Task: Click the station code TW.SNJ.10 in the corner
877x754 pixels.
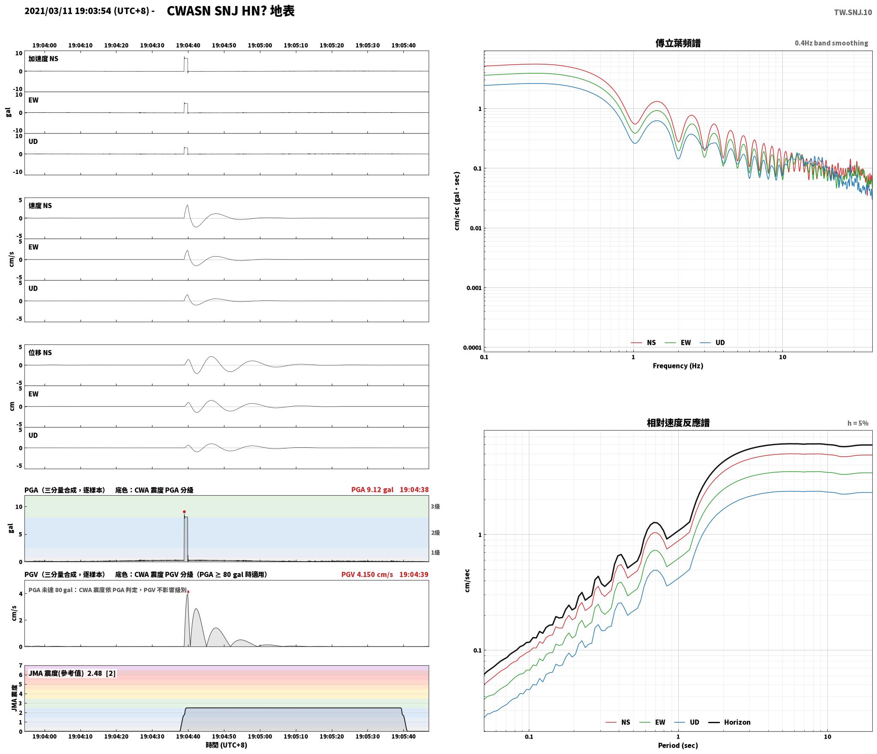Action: click(853, 12)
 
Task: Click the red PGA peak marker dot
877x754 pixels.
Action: click(184, 512)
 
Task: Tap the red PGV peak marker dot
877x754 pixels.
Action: click(188, 592)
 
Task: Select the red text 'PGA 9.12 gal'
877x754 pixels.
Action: click(372, 489)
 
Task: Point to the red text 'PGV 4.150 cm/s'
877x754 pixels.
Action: click(367, 574)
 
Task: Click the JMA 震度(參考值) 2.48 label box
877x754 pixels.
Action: click(72, 673)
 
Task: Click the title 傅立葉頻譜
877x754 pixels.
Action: click(678, 43)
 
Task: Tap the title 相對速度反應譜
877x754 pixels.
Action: click(678, 422)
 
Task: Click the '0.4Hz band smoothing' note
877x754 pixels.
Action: click(831, 43)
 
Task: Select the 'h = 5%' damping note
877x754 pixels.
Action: click(858, 423)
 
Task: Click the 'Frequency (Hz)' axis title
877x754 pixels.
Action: click(678, 365)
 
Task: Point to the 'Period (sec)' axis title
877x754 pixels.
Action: click(678, 745)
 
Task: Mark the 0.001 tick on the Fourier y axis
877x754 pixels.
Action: click(474, 287)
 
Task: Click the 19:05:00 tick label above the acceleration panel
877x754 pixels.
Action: click(260, 45)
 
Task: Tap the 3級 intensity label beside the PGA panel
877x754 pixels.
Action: click(435, 506)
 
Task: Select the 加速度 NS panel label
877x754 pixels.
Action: click(43, 59)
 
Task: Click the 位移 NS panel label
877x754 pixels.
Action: click(40, 353)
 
